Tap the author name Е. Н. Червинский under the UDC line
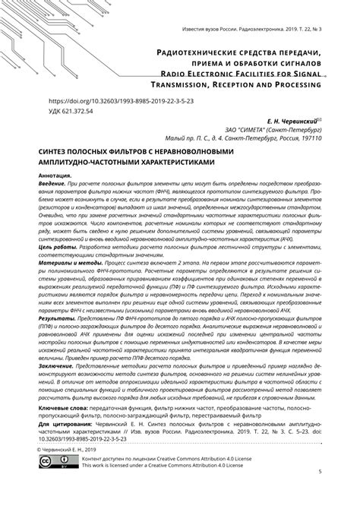(x=288, y=121)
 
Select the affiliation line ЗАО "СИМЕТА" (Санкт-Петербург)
(x=273, y=130)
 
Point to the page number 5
(x=320, y=493)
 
